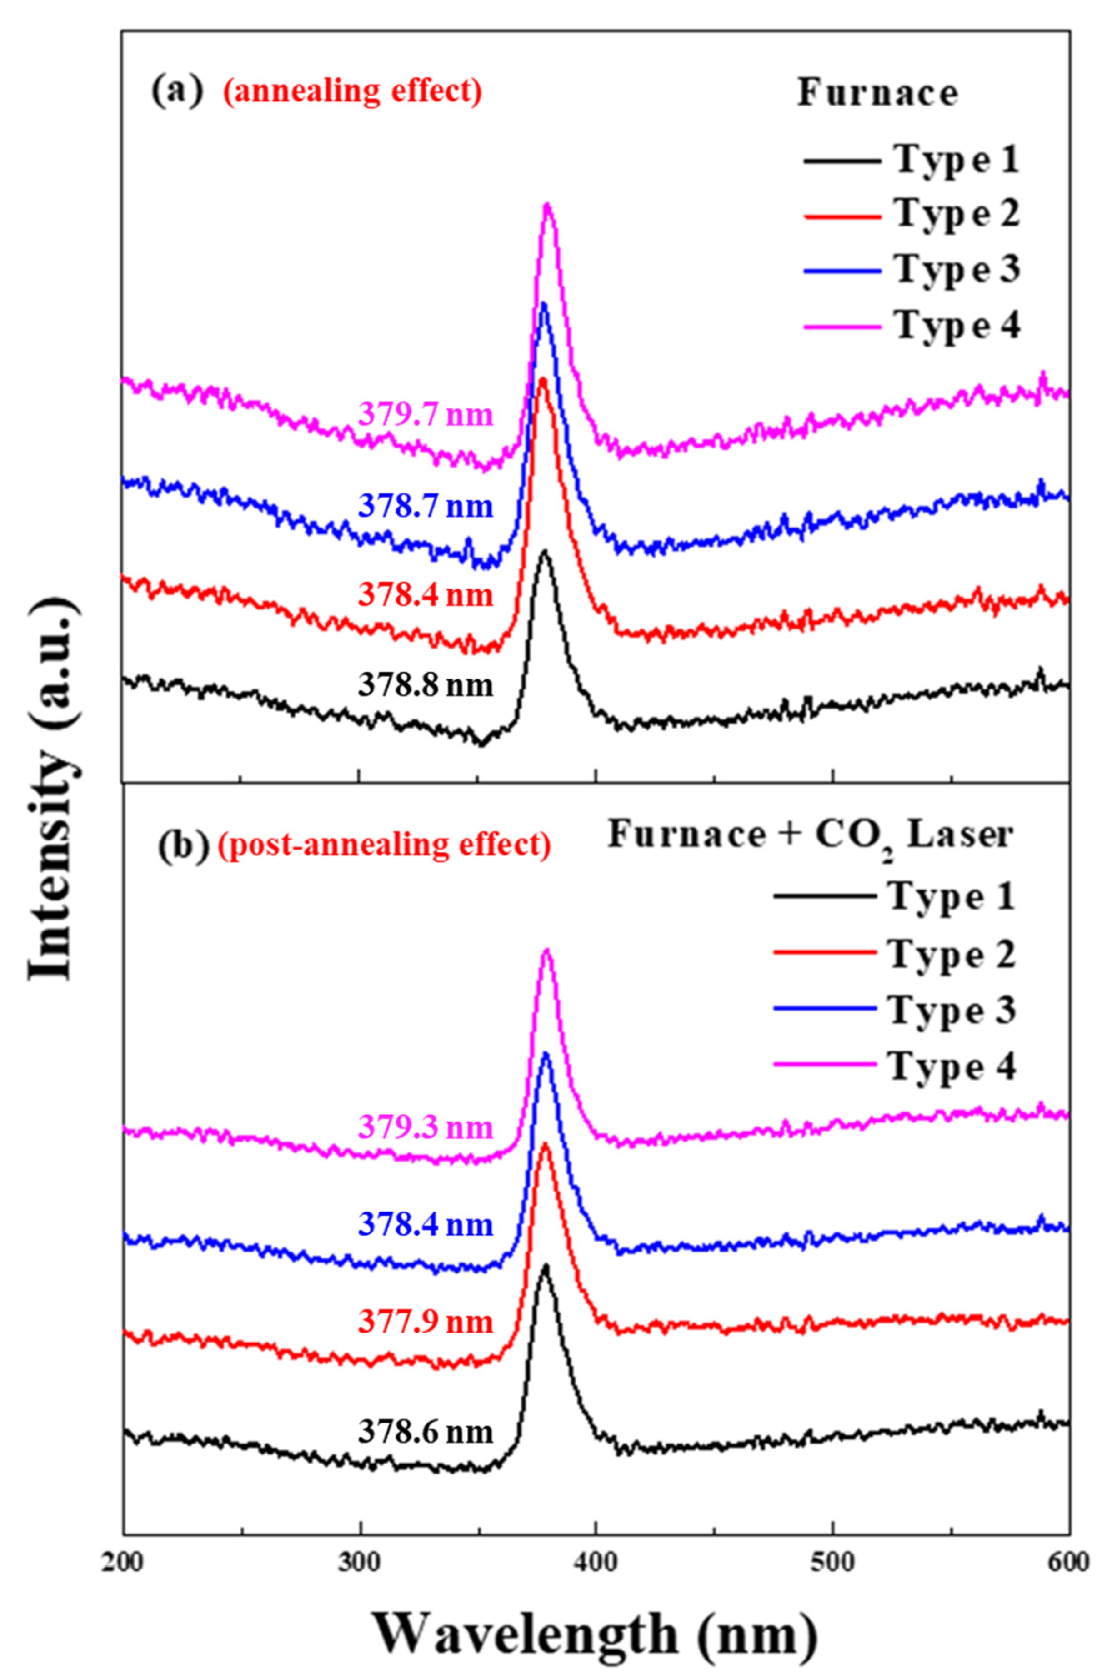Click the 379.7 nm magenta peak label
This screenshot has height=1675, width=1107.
coord(426,414)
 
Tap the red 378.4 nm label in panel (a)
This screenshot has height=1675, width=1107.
coord(426,595)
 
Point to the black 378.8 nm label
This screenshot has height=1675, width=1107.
coord(426,685)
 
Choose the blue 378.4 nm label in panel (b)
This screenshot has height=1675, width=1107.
coord(426,1224)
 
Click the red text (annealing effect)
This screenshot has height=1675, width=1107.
coord(353,92)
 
